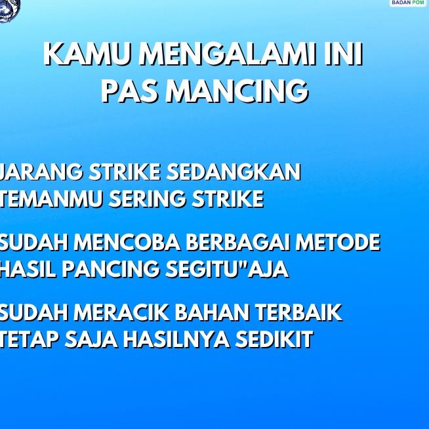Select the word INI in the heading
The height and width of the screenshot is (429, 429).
tap(344, 54)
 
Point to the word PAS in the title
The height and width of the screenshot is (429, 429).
tap(130, 92)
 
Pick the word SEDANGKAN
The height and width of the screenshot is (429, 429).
tap(234, 172)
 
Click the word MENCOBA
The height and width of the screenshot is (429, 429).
tap(128, 243)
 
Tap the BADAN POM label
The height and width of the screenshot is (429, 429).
tap(408, 3)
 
